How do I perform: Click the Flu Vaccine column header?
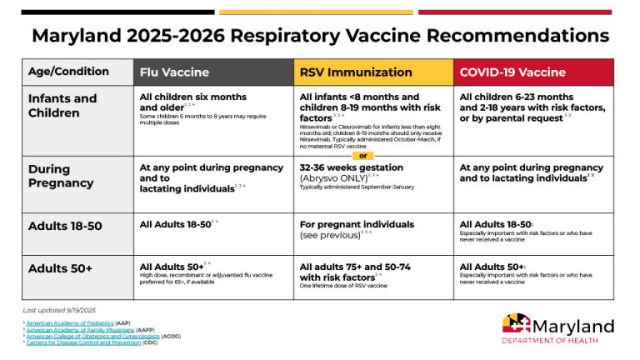(x=174, y=72)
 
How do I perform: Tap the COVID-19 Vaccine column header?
(x=512, y=72)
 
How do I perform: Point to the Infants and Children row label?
(x=62, y=105)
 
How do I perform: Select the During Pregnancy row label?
(x=61, y=176)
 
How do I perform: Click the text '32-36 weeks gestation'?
(x=351, y=167)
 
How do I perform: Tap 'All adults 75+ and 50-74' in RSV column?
(x=356, y=267)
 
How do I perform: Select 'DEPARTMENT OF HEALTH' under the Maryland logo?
(x=557, y=340)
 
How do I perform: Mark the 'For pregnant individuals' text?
(x=357, y=224)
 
